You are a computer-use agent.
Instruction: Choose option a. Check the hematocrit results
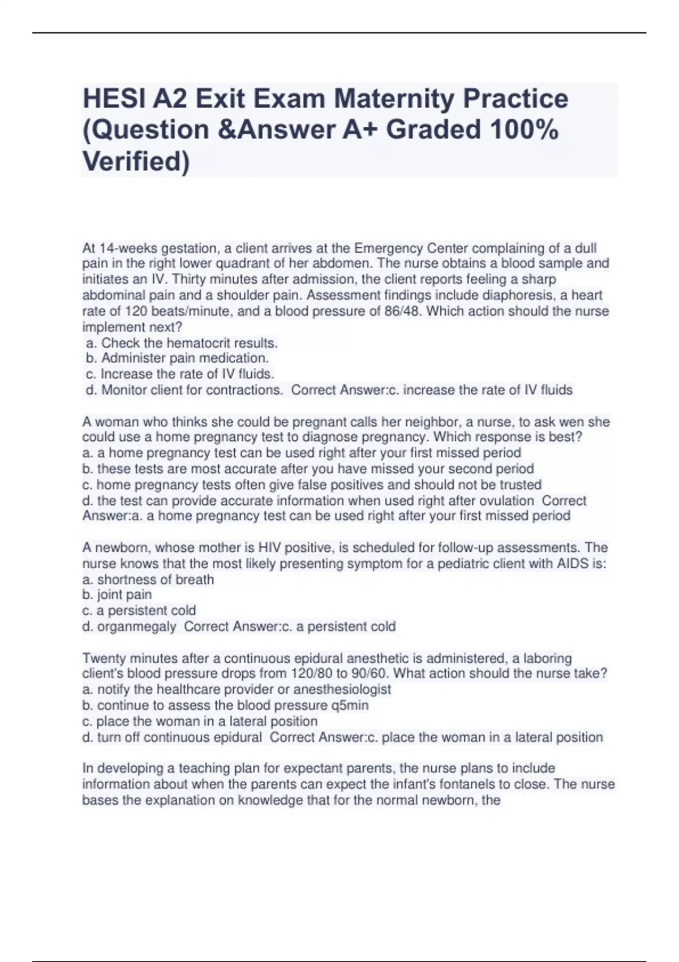182,343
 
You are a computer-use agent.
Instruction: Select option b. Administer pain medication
177,358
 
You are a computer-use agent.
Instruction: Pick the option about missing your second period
308,469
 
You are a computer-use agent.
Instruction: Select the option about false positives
312,485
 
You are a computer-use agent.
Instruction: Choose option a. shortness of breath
148,579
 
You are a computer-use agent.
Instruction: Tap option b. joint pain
117,595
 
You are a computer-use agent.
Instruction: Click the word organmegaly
136,626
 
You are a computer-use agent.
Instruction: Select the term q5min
349,706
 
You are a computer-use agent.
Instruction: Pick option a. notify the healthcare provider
237,690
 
